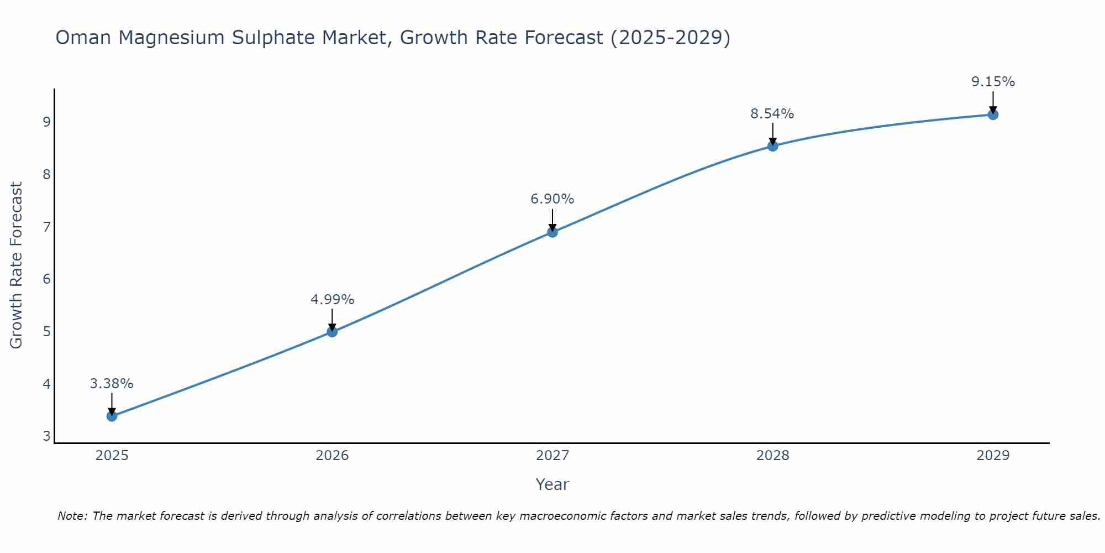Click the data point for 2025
click(112, 416)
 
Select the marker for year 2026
click(332, 332)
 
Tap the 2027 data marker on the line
click(552, 232)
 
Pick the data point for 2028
click(773, 146)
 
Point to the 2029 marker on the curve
click(993, 114)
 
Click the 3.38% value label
click(112, 384)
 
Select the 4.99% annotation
click(332, 300)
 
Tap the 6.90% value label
click(552, 199)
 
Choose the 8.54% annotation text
click(772, 114)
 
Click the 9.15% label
click(993, 82)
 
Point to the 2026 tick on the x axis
click(332, 456)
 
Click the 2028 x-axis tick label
click(773, 456)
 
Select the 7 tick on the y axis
click(46, 227)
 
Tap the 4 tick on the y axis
click(46, 384)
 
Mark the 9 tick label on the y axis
click(46, 122)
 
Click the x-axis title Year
click(552, 484)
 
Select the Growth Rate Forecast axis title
click(17, 265)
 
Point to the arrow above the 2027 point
click(552, 220)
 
